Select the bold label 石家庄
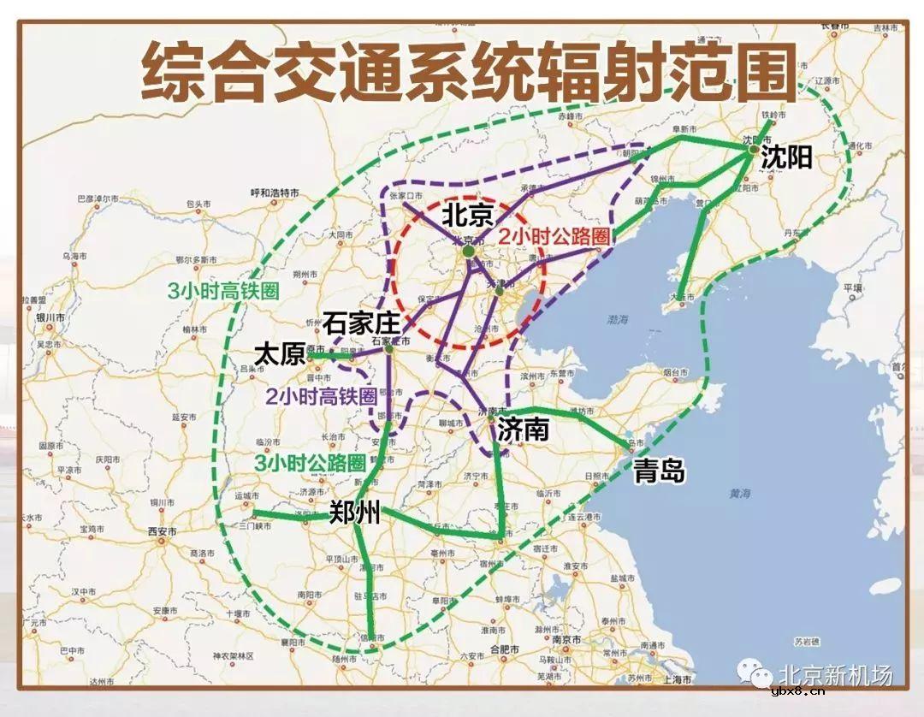(x=362, y=323)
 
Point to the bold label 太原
(x=280, y=353)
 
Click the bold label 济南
(x=523, y=429)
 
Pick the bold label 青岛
(x=659, y=470)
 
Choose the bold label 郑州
(x=355, y=513)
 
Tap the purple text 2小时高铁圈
(x=321, y=397)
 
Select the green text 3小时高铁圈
(x=223, y=290)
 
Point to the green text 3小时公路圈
(x=311, y=463)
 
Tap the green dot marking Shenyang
(x=753, y=149)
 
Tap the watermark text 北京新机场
(x=834, y=675)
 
